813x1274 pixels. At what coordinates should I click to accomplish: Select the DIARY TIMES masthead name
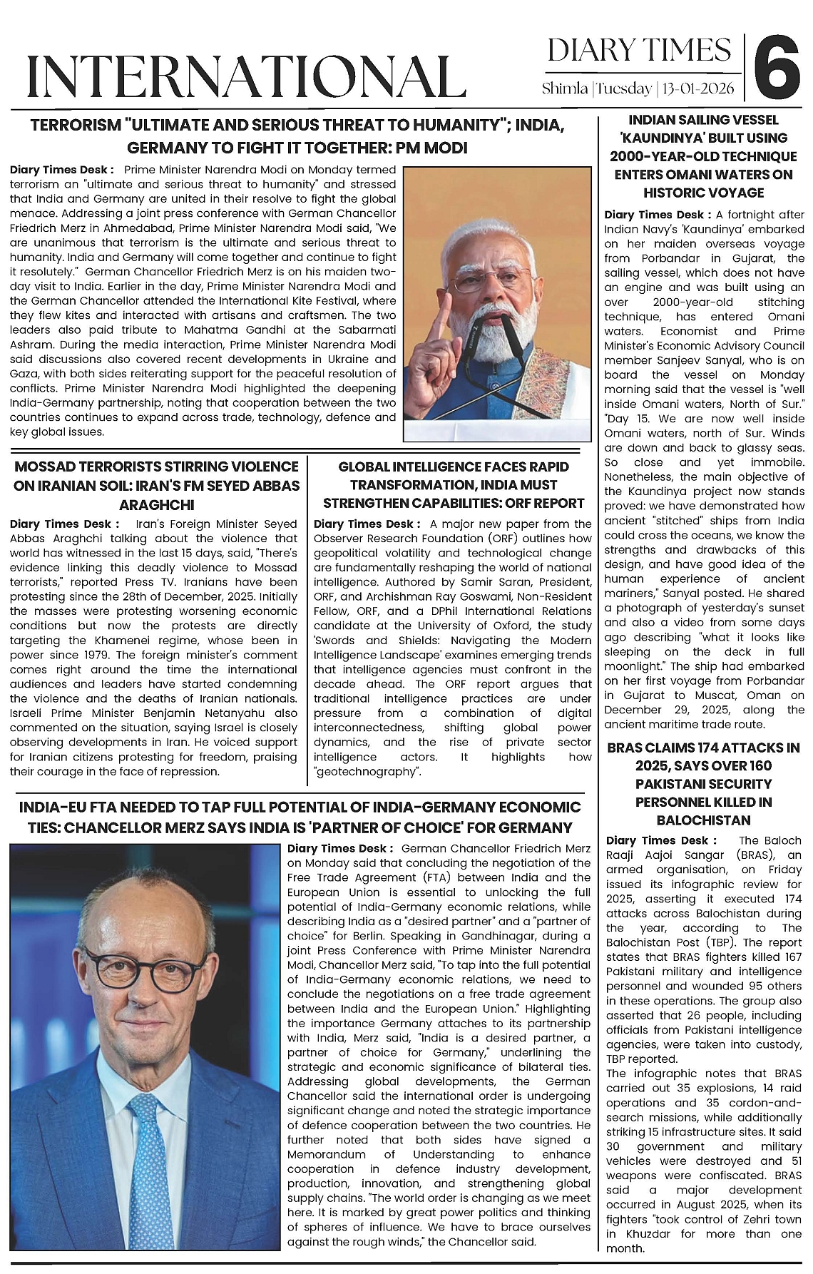(x=639, y=51)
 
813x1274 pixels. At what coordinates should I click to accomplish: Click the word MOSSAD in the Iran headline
(x=49, y=467)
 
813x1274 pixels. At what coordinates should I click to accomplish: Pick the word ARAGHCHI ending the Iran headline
(x=155, y=504)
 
